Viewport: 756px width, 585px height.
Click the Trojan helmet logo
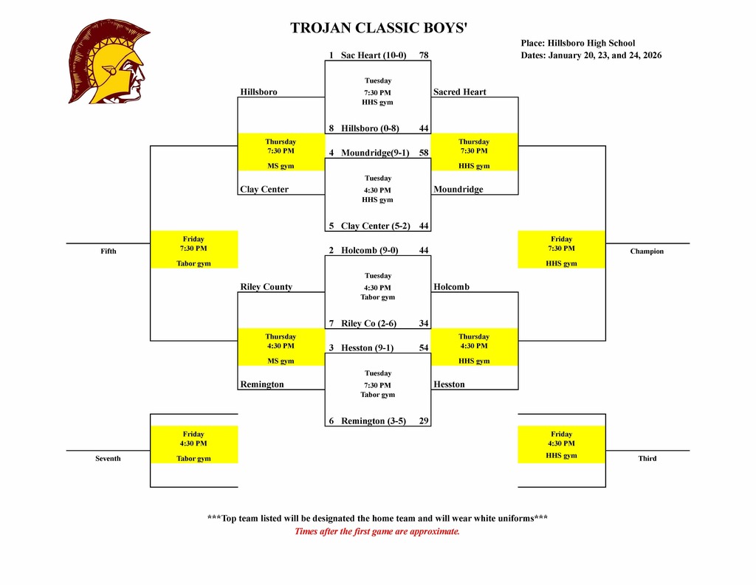(x=109, y=62)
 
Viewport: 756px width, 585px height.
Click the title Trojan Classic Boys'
(x=379, y=29)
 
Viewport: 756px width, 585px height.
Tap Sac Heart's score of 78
(x=424, y=55)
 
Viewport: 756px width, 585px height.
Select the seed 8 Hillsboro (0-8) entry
(x=370, y=128)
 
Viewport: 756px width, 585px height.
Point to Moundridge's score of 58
(x=424, y=153)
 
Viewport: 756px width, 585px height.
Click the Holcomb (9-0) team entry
(x=369, y=250)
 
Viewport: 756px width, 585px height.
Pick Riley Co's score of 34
(x=424, y=323)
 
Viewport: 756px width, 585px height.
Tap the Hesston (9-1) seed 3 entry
(x=367, y=347)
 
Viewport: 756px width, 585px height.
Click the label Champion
(x=647, y=252)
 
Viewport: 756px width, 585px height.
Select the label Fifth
(x=109, y=252)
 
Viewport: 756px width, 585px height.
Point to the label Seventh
(x=108, y=459)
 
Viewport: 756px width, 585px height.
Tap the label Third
(x=647, y=459)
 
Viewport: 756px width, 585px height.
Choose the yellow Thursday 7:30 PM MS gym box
(x=281, y=153)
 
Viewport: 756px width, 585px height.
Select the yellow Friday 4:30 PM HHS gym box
(x=561, y=445)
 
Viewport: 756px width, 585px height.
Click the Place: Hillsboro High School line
(x=578, y=44)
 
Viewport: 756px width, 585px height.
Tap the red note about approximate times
(x=377, y=531)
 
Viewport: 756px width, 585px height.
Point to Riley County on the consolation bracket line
(x=267, y=287)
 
